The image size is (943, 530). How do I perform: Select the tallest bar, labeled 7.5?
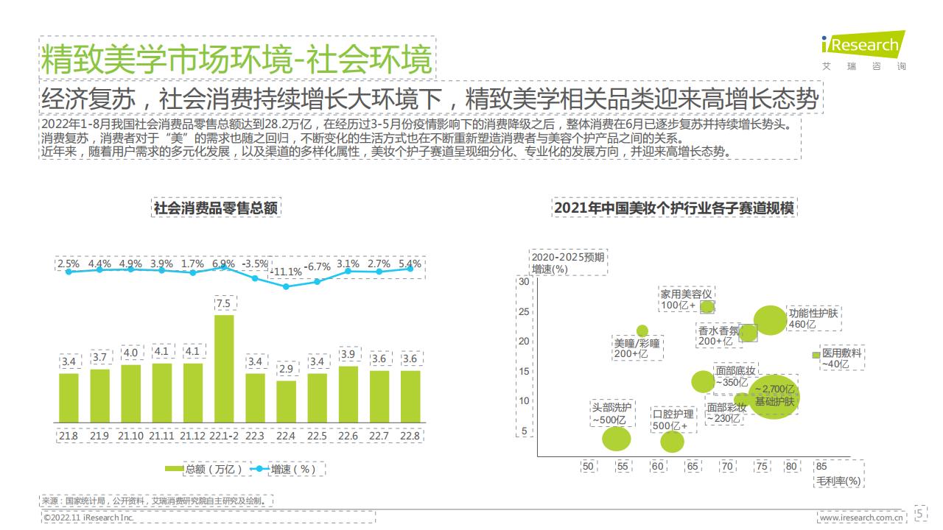tap(223, 368)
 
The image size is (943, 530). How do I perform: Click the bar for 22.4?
tap(286, 401)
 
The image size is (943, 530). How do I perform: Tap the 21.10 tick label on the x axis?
tap(130, 436)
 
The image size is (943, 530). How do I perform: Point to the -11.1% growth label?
tap(286, 272)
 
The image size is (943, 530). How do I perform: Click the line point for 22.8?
tap(410, 269)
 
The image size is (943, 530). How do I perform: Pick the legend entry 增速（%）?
tap(288, 468)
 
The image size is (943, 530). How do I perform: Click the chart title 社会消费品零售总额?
tap(216, 208)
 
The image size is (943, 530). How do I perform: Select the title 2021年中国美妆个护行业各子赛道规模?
tap(674, 208)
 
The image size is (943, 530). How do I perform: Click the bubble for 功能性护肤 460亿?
tap(770, 320)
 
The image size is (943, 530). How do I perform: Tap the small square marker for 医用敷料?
tap(816, 355)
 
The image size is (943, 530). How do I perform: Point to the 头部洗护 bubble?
tap(617, 439)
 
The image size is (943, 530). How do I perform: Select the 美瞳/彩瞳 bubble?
tap(642, 331)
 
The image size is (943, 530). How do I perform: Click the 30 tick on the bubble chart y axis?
tap(524, 282)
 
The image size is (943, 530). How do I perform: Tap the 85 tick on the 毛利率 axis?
tap(821, 466)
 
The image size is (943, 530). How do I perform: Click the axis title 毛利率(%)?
tap(838, 481)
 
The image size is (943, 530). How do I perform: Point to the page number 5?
tap(920, 512)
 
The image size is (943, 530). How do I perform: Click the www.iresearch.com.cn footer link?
tap(861, 518)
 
